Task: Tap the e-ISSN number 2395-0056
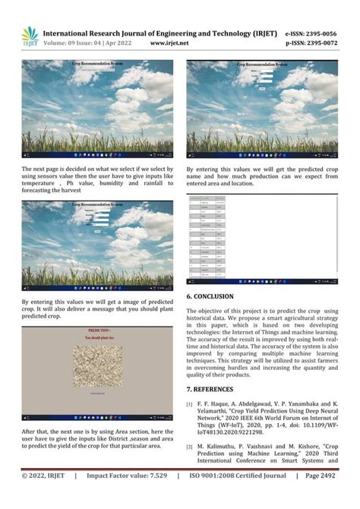point(320,34)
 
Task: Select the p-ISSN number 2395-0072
point(320,44)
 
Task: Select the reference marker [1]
point(190,405)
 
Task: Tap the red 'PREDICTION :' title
point(99,332)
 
